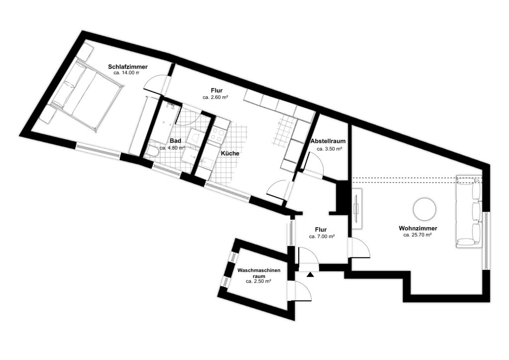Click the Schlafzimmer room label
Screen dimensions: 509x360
pyautogui.click(x=128, y=67)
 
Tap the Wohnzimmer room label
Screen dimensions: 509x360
pyautogui.click(x=418, y=229)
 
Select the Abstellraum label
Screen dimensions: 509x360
pyautogui.click(x=328, y=141)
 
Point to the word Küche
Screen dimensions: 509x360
pyautogui.click(x=230, y=153)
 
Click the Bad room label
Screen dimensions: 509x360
pyautogui.click(x=175, y=141)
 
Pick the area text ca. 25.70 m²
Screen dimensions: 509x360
pyautogui.click(x=418, y=235)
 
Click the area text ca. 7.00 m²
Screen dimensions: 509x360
pyautogui.click(x=322, y=236)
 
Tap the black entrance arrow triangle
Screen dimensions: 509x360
pyautogui.click(x=311, y=274)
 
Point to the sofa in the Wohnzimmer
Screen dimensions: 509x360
pyautogui.click(x=469, y=212)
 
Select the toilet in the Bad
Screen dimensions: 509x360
pyautogui.click(x=152, y=151)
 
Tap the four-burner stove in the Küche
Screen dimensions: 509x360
pyautogui.click(x=217, y=135)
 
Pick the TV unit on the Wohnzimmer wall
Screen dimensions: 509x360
pyautogui.click(x=356, y=208)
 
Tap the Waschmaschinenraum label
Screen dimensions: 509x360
pyautogui.click(x=258, y=273)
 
